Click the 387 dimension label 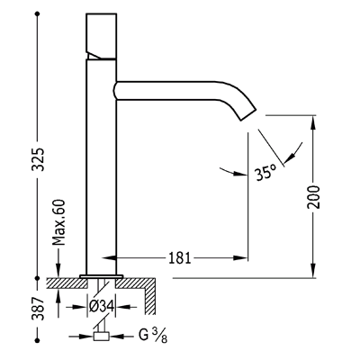coord(38,309)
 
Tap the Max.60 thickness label coord(58,222)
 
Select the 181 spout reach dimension coord(180,257)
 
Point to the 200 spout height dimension coord(314,197)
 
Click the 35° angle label coord(265,173)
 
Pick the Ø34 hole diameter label coord(102,307)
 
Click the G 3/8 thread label coord(153,335)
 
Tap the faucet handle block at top coord(102,36)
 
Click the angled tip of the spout coord(247,114)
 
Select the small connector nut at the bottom coord(102,336)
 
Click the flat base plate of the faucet coord(102,276)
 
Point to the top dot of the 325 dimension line coord(38,13)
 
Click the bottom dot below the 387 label coord(38,340)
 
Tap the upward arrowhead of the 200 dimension coord(313,122)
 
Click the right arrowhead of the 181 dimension coord(240,257)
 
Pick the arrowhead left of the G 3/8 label coord(86,337)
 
